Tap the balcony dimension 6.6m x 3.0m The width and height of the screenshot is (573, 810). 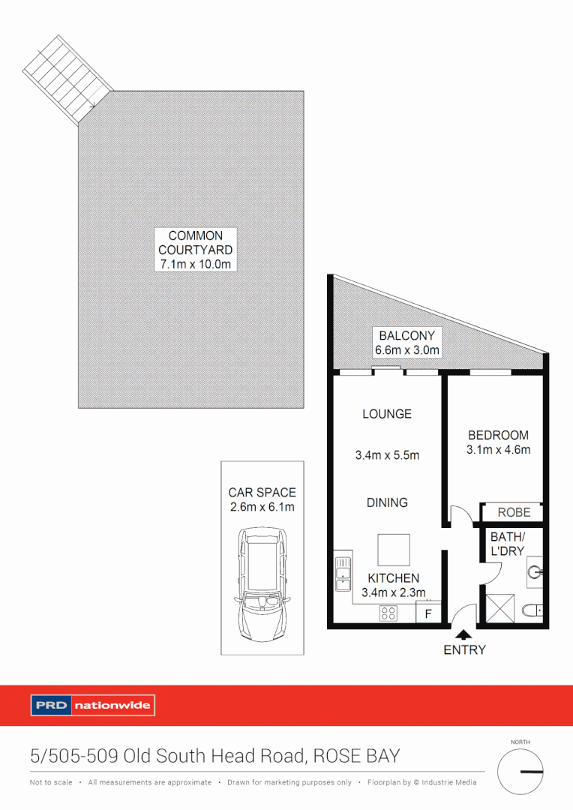(407, 350)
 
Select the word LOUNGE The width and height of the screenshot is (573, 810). (386, 413)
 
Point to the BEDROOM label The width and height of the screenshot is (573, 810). (498, 435)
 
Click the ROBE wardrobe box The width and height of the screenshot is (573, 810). (514, 512)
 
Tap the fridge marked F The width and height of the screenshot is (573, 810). (429, 613)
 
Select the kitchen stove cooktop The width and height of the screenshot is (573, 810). (388, 613)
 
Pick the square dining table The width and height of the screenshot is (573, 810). (393, 550)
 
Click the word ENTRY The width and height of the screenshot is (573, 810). (464, 650)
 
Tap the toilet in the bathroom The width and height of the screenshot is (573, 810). (532, 611)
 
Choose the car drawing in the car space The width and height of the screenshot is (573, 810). (262, 584)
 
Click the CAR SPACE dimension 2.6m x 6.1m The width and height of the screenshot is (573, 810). (262, 508)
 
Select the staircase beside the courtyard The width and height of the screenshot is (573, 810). (67, 79)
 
